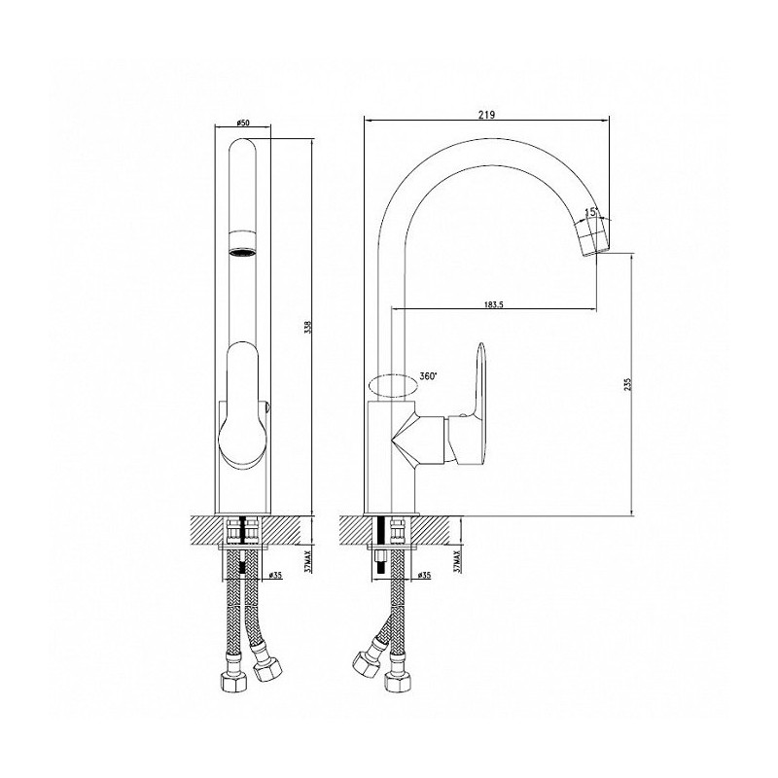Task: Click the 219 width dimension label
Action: pos(487,114)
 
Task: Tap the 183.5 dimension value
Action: pos(494,304)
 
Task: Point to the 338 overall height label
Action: pos(307,327)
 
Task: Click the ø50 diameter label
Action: pos(242,123)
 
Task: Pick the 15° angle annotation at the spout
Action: pos(591,212)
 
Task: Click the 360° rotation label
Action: pos(428,376)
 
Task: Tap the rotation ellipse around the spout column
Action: pos(393,386)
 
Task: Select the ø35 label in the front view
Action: pos(275,575)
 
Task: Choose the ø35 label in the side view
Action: pos(424,575)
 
